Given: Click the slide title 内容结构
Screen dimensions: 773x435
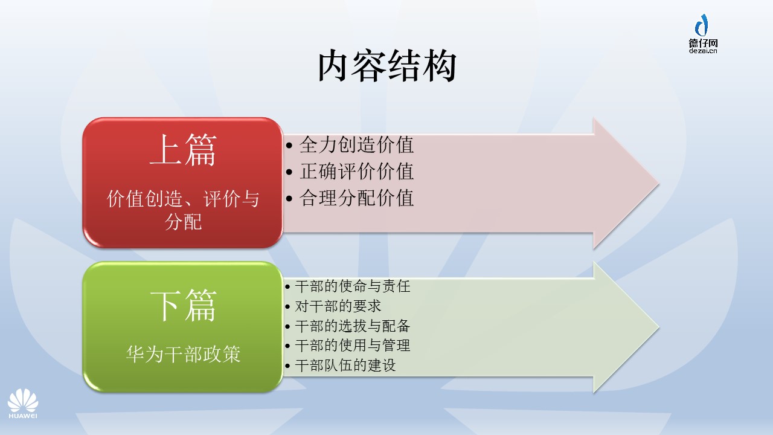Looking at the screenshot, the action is pyautogui.click(x=387, y=66).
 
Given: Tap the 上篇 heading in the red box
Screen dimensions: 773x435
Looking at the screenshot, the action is pyautogui.click(x=183, y=150).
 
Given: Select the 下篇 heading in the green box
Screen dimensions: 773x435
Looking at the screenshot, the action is pyautogui.click(x=183, y=306).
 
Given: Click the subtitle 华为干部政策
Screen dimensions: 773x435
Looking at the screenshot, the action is pyautogui.click(x=183, y=354).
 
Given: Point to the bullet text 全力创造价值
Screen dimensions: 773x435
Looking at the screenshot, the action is pyautogui.click(x=356, y=144).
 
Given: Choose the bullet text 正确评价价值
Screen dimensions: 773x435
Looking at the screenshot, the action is pyautogui.click(x=356, y=171).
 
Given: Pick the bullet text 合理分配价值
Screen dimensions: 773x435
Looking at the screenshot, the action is pyautogui.click(x=356, y=198).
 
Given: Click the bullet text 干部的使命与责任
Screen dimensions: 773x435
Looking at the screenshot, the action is pyautogui.click(x=352, y=286).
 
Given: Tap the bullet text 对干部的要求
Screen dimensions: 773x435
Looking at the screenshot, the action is pyautogui.click(x=338, y=306).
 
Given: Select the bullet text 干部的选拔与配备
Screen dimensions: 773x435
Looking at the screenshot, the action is pyautogui.click(x=352, y=326).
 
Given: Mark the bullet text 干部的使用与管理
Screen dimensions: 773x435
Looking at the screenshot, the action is pyautogui.click(x=352, y=345).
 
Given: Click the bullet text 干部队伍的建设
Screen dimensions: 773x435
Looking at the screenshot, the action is pyautogui.click(x=345, y=366).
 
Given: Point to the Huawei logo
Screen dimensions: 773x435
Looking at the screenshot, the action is pyautogui.click(x=23, y=404).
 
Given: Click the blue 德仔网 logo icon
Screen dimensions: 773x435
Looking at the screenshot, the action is pyautogui.click(x=702, y=25).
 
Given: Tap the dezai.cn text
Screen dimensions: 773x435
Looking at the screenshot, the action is pyautogui.click(x=703, y=51).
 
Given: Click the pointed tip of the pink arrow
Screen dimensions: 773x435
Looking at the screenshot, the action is pyautogui.click(x=659, y=184).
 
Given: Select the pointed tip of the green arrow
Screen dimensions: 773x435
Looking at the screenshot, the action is pyautogui.click(x=659, y=327).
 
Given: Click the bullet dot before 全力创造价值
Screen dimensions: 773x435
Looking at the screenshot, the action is pyautogui.click(x=289, y=146).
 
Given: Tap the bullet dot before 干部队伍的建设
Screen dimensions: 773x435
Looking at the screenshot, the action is pyautogui.click(x=287, y=366).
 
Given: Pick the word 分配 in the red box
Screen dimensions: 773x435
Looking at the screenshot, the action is pyautogui.click(x=183, y=222).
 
